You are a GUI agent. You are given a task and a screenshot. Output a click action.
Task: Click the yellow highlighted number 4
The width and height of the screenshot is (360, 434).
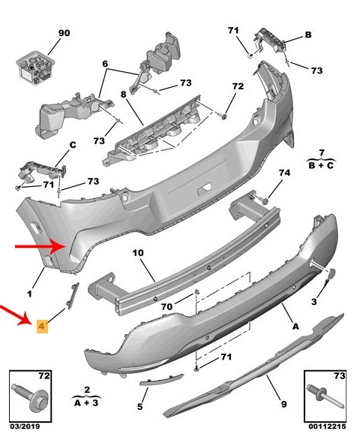click(42, 327)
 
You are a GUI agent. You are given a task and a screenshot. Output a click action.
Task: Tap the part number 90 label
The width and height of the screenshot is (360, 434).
click(63, 33)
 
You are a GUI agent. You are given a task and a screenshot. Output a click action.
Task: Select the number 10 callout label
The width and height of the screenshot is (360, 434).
click(137, 254)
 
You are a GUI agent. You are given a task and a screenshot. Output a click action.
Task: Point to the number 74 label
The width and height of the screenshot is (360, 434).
click(284, 173)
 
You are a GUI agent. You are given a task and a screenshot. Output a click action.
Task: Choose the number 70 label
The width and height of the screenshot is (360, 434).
click(167, 307)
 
